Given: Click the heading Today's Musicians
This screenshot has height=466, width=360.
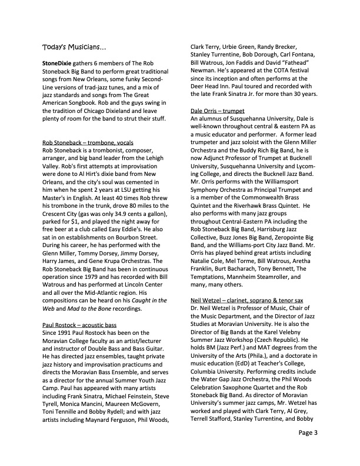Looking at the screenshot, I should click(74, 46).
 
